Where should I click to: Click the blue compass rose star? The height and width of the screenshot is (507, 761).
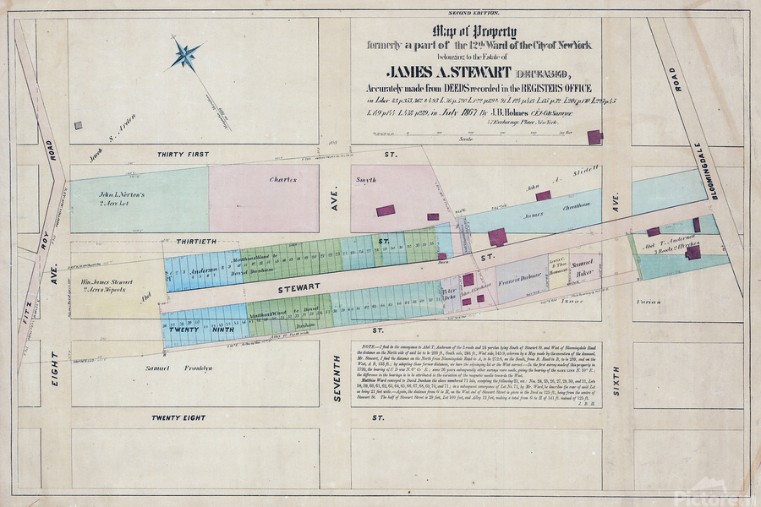pyautogui.click(x=185, y=56)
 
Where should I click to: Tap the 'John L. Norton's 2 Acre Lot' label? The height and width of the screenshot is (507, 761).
pyautogui.click(x=121, y=199)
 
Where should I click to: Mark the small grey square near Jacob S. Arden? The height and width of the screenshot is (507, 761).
pyautogui.click(x=79, y=125)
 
